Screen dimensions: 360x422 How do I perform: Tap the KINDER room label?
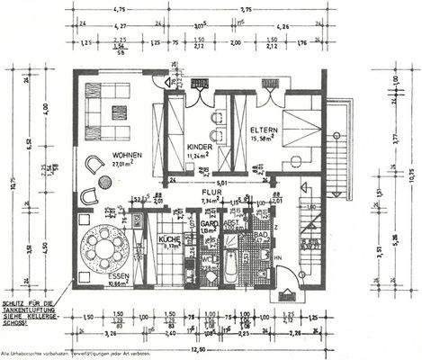click(199, 146)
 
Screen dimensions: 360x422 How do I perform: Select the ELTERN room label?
click(263, 128)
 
